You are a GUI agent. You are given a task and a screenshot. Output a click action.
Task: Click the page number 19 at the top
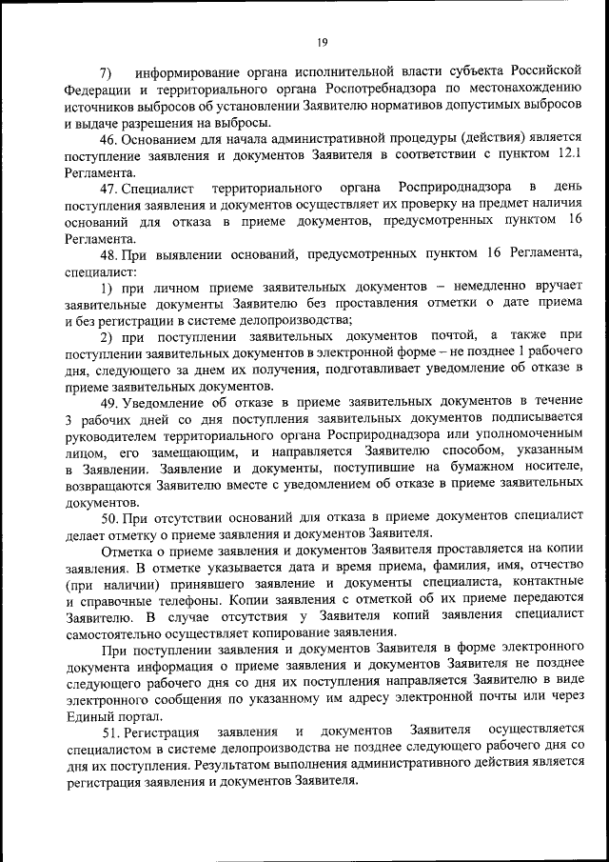323,40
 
